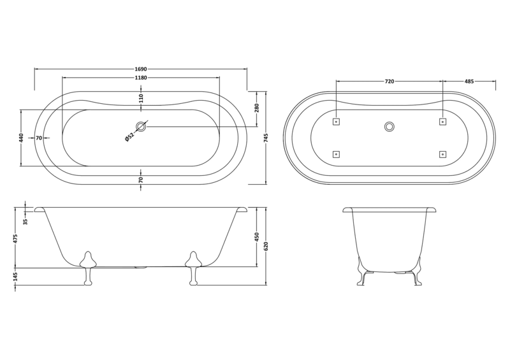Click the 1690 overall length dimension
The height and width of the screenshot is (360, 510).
pyautogui.click(x=141, y=68)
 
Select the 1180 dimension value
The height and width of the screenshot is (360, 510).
pyautogui.click(x=141, y=77)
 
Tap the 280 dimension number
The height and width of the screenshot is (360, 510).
pyautogui.click(x=257, y=108)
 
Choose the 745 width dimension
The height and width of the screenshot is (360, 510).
pyautogui.click(x=266, y=137)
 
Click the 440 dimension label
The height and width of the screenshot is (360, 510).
pyautogui.click(x=21, y=138)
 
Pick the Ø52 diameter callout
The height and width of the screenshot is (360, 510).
pyautogui.click(x=129, y=137)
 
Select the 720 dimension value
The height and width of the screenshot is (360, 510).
pyautogui.click(x=390, y=82)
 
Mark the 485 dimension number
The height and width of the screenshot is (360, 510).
pyautogui.click(x=469, y=82)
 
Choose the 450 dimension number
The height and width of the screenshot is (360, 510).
pyautogui.click(x=257, y=236)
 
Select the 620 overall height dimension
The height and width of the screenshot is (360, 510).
pyautogui.click(x=266, y=245)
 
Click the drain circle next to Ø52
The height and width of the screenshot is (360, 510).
pyautogui.click(x=141, y=127)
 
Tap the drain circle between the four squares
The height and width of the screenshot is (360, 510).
pyautogui.click(x=390, y=126)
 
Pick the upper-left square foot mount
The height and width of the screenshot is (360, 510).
pyautogui.click(x=337, y=121)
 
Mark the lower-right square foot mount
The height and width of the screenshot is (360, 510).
pyautogui.click(x=442, y=154)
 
